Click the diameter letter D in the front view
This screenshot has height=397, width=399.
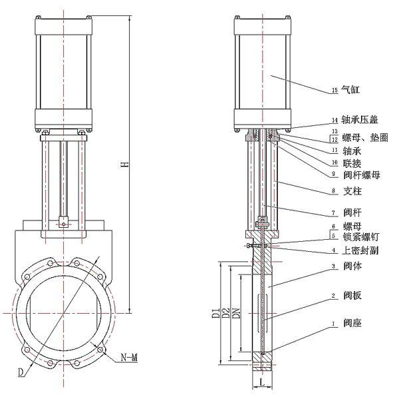click(21, 368)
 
